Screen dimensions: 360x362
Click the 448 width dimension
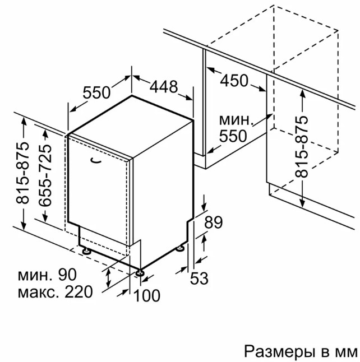click(164, 87)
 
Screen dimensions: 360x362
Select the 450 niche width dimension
click(234, 81)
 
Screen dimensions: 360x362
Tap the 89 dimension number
click(213, 222)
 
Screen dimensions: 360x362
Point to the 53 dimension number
click(199, 278)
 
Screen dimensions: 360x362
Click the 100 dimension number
click(147, 295)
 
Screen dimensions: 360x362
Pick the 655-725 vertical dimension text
click(45, 175)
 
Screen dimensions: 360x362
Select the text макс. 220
click(55, 291)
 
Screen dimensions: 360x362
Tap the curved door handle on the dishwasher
click(96, 160)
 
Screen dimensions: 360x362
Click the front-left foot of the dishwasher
click(86, 250)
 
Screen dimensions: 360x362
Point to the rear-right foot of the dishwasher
click(180, 248)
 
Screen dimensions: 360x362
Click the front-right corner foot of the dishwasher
click(140, 272)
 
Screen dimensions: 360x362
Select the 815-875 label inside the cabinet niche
click(301, 146)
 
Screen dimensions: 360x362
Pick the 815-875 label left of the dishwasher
click(22, 173)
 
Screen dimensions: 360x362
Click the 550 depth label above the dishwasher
click(96, 92)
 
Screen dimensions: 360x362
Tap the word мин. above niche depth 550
click(235, 120)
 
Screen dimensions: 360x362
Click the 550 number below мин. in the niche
click(233, 136)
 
